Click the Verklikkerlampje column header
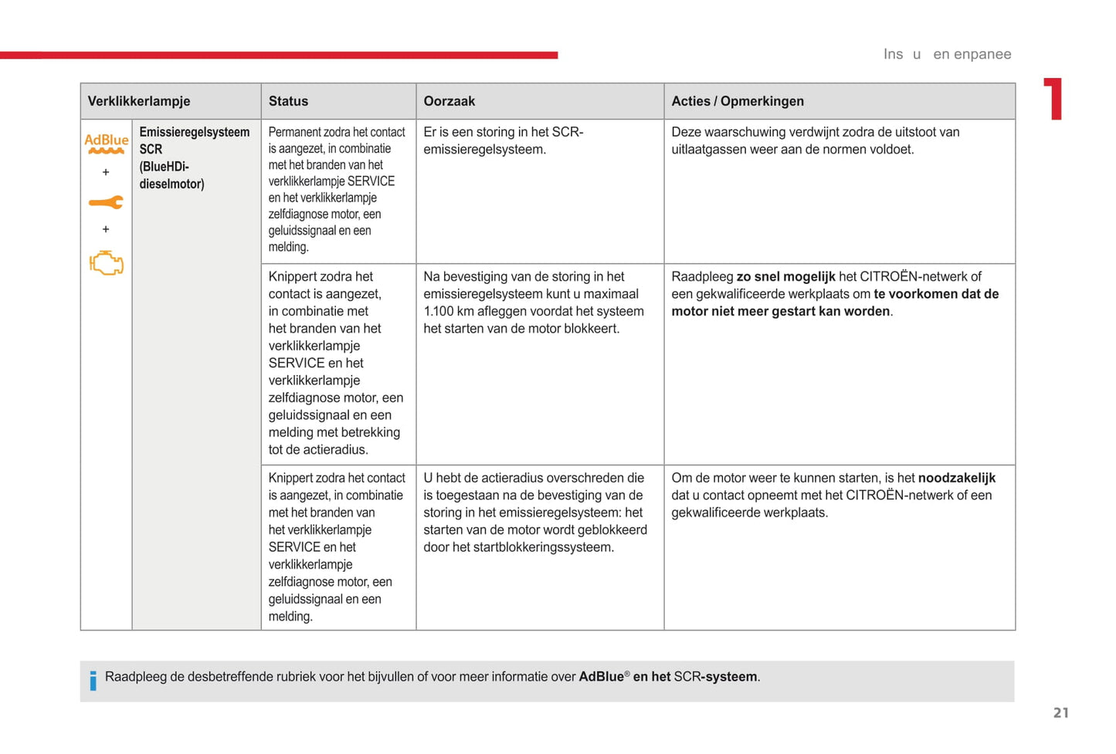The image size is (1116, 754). point(139,101)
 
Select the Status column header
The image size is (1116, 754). point(288,101)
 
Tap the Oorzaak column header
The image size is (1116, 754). point(449,101)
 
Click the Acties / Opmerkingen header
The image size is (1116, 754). point(737,101)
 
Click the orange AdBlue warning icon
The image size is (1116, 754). point(106,143)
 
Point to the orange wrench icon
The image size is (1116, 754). point(106,202)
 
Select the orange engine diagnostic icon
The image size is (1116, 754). point(106,262)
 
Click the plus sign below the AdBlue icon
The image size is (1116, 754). point(106,172)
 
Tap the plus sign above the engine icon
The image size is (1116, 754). point(106,229)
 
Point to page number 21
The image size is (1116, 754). point(1061,713)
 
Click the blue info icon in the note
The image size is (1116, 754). point(93,680)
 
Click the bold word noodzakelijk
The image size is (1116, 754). point(956,478)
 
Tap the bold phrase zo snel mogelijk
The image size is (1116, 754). point(785,277)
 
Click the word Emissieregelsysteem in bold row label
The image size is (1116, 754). point(194,132)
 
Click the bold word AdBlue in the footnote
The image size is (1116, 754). point(601,677)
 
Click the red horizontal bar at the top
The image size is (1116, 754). point(278,55)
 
